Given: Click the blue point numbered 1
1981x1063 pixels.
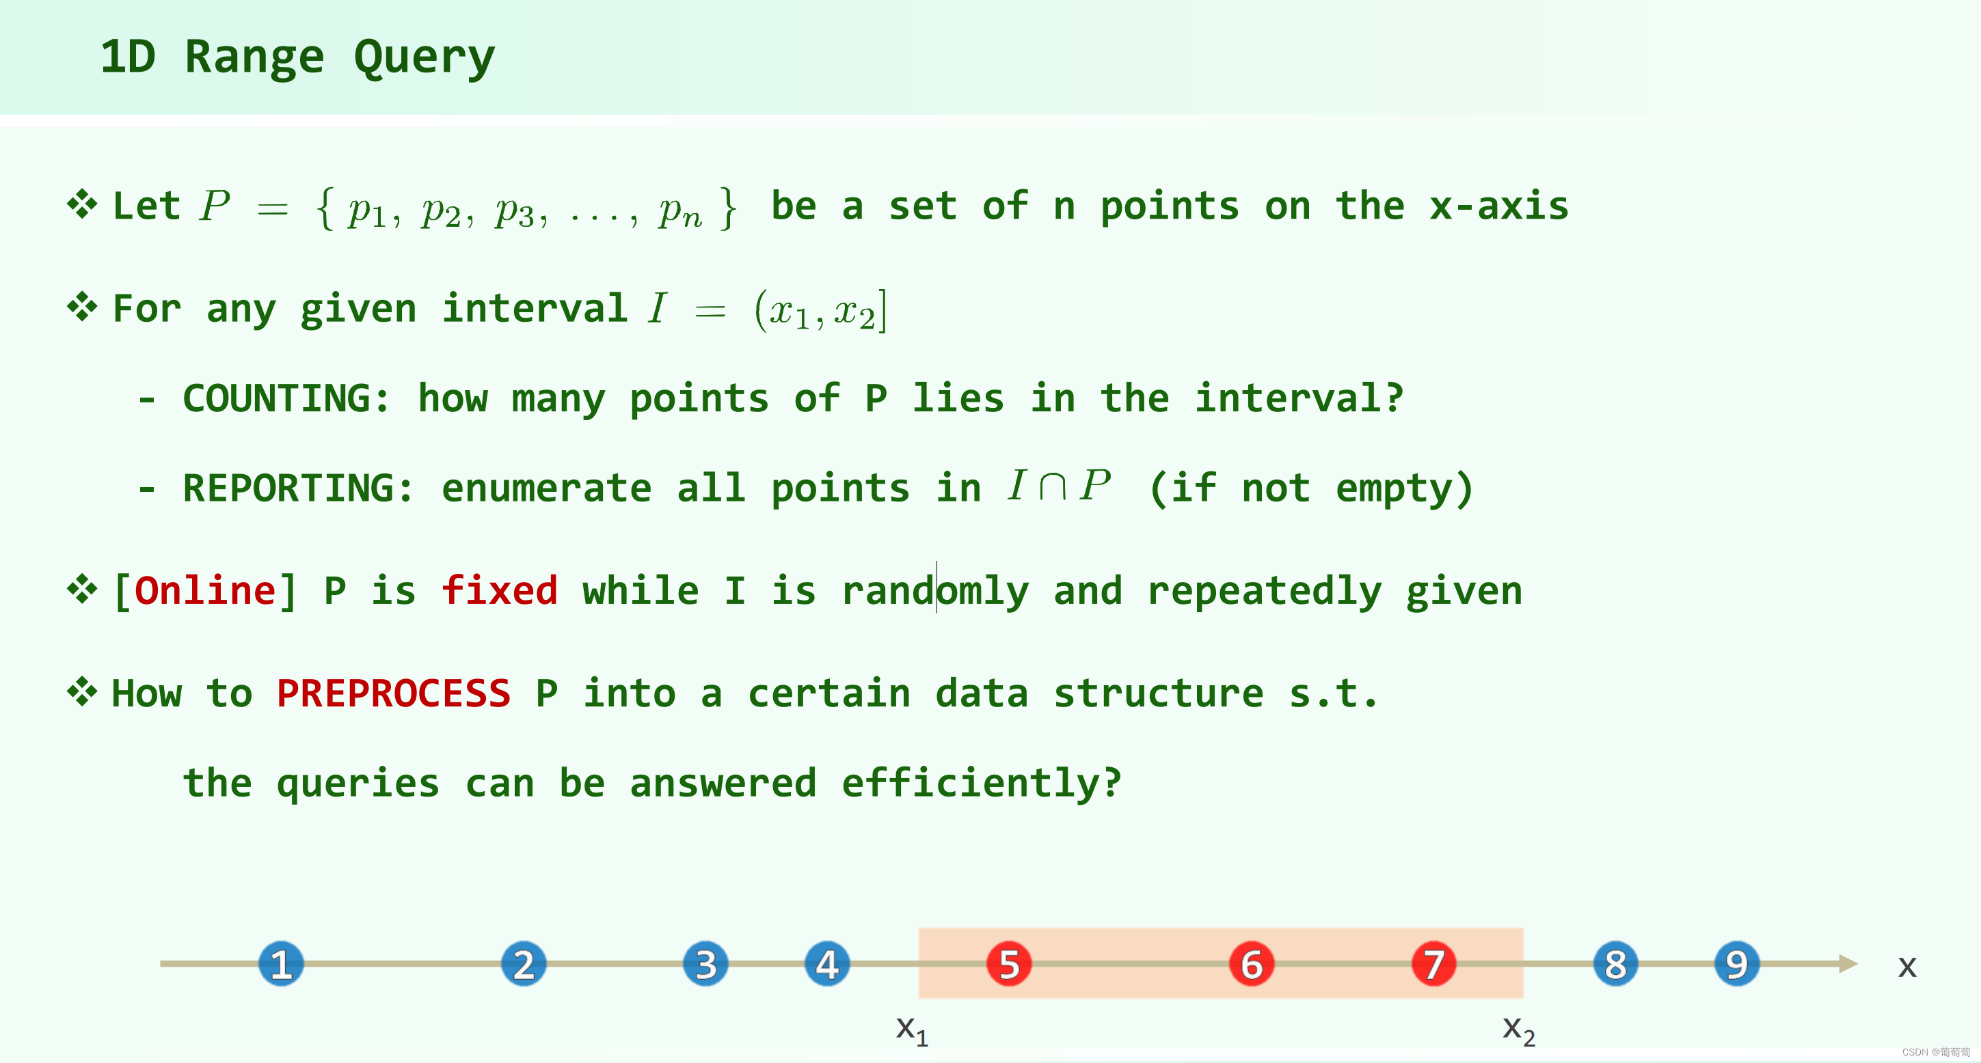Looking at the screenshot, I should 281,964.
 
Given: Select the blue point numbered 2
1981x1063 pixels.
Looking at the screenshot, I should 524,964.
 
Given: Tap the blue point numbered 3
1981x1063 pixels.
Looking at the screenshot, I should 705,964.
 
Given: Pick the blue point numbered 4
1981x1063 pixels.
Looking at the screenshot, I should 826,964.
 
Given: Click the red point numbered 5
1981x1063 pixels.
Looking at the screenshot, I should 1009,964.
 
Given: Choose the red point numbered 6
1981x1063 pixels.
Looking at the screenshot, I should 1251,964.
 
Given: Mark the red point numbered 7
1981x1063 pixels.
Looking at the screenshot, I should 1433,964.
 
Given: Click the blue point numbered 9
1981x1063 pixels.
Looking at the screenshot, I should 1736,964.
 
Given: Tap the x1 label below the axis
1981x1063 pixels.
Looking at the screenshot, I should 912,1030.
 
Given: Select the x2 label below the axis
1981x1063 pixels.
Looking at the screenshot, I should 1519,1030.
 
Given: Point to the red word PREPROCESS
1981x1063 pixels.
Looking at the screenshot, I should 393,693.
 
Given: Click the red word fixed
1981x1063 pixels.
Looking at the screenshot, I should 499,590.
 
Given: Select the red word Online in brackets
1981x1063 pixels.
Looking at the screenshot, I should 204,590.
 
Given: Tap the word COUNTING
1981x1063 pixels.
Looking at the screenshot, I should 285,398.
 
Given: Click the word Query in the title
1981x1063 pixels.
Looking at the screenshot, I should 424,57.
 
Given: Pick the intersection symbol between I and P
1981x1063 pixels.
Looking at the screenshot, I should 1052,486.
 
